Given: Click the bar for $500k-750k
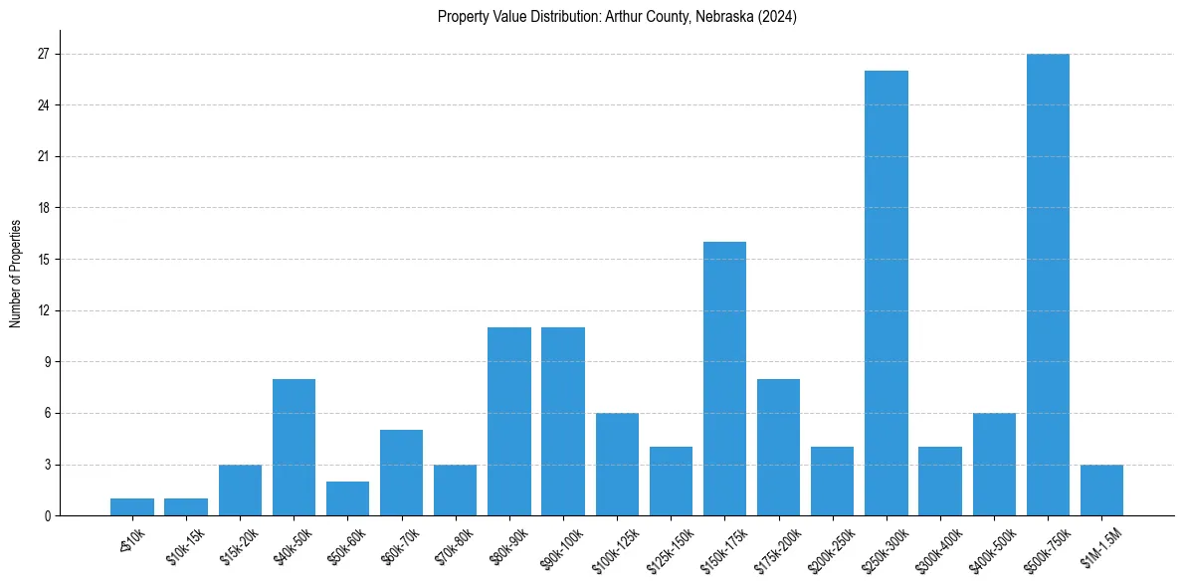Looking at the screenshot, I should tap(1048, 285).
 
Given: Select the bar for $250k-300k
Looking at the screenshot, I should tap(886, 293).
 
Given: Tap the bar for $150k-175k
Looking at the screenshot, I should tap(724, 379).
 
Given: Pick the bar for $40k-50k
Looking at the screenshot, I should tap(294, 447).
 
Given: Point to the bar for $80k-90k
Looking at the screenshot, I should tap(509, 421).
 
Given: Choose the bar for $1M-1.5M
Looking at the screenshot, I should tap(1101, 489).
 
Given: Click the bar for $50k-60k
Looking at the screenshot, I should tap(347, 498).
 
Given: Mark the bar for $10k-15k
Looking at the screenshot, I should tap(186, 506).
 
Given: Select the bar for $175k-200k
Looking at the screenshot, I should tap(778, 447).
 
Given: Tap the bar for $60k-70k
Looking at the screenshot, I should tap(401, 473).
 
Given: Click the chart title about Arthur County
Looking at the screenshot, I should tap(617, 17).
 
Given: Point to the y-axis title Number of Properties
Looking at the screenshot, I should tap(16, 274).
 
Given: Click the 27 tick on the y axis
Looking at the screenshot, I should tap(44, 54).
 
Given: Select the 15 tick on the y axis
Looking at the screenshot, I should tap(44, 260).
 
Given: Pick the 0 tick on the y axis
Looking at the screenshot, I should tap(47, 515).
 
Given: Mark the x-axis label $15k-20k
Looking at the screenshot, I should tap(238, 547).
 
